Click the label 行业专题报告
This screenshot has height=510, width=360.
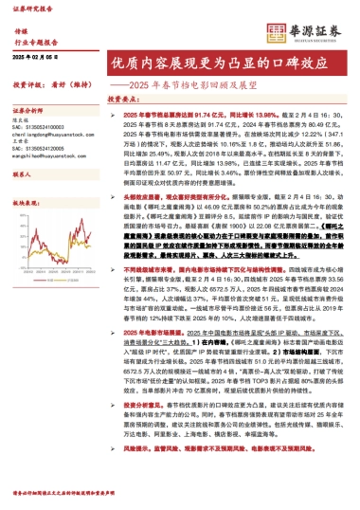[x=37, y=44]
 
